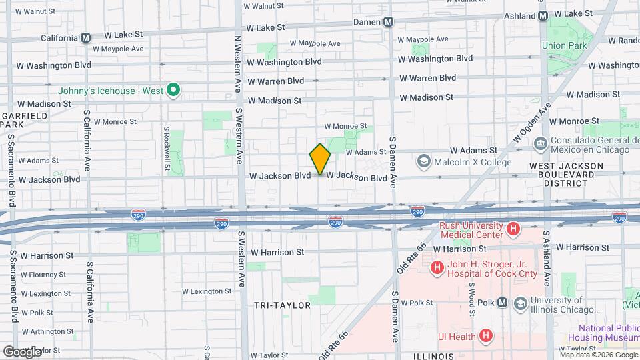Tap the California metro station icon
click(85, 38)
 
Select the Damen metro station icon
click(388, 22)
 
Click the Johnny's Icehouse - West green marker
click(173, 90)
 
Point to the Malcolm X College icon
click(423, 162)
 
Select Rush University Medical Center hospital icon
click(513, 230)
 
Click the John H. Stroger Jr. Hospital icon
click(437, 268)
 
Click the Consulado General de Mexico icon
click(541, 142)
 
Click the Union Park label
click(563, 46)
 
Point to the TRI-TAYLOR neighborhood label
click(282, 305)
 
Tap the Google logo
click(21, 351)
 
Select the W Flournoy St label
click(50, 273)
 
